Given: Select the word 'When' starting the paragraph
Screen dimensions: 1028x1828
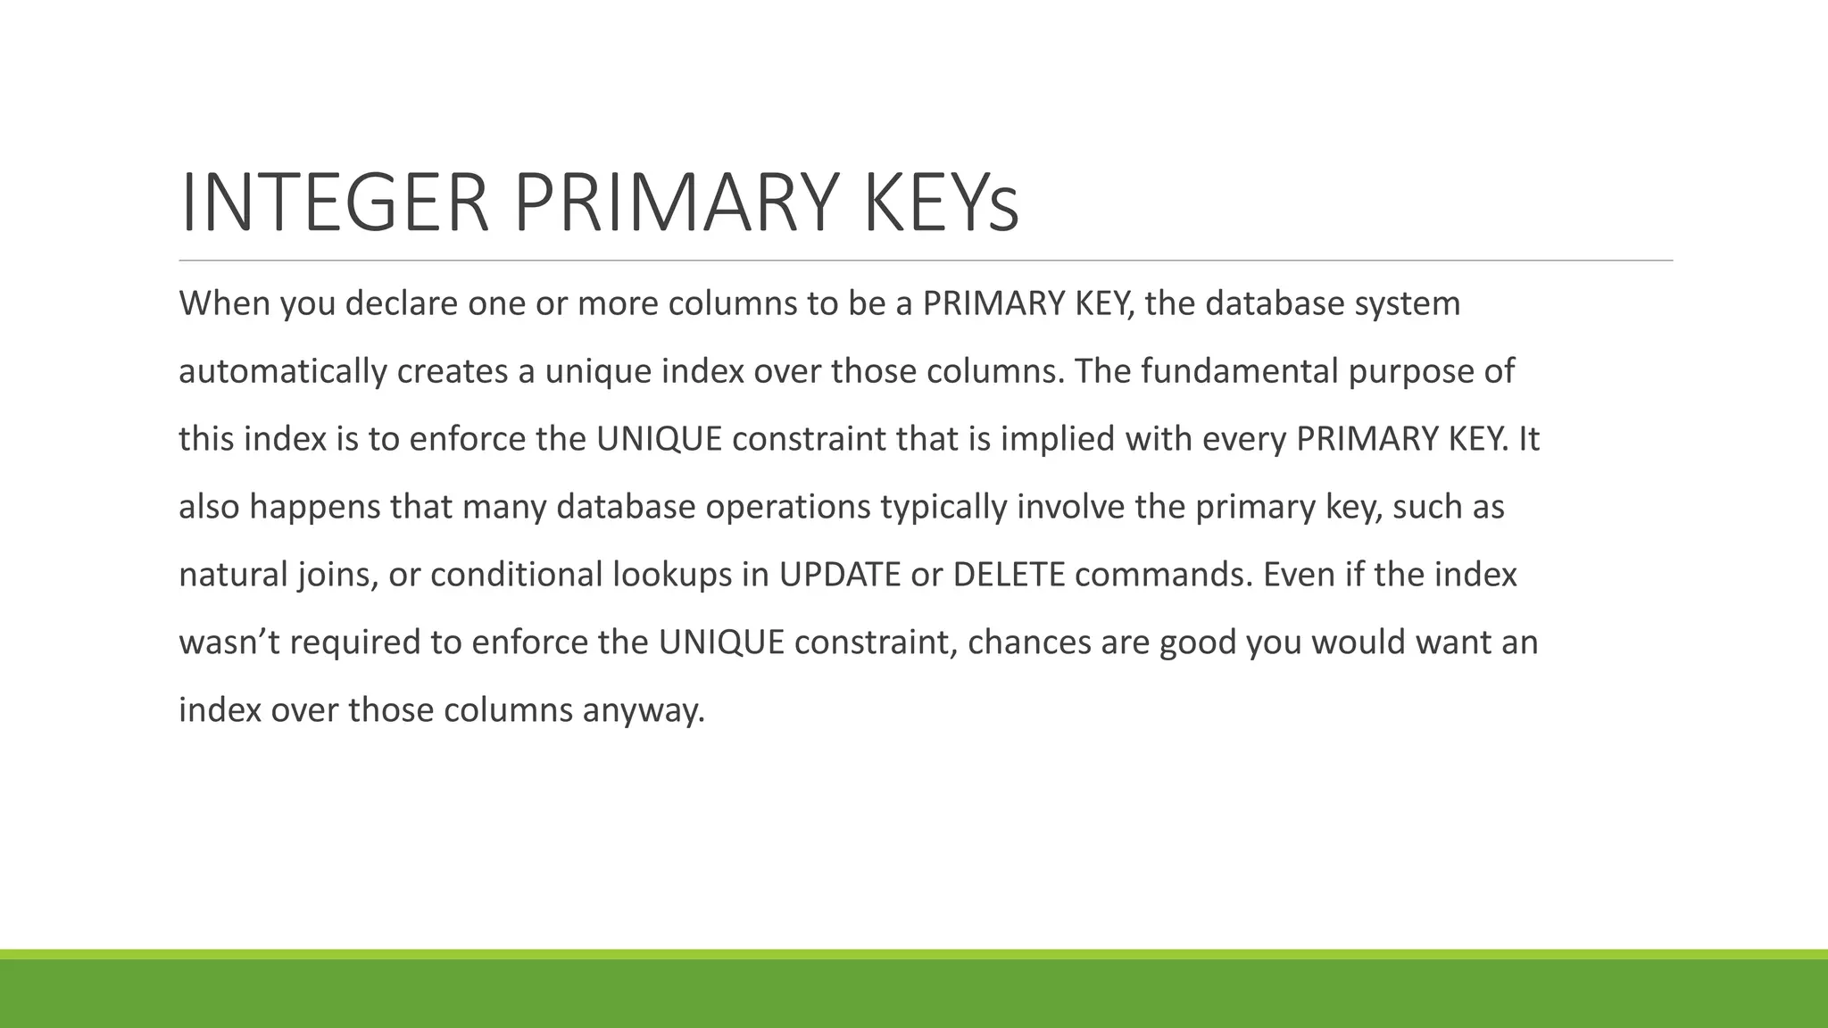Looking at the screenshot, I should click(224, 303).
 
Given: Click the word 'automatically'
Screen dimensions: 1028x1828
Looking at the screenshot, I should click(282, 371).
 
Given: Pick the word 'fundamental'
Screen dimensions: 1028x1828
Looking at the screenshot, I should click(1239, 371).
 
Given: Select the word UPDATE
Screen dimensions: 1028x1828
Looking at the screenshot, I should click(839, 575).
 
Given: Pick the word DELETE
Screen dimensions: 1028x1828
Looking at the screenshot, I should click(1009, 575).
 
